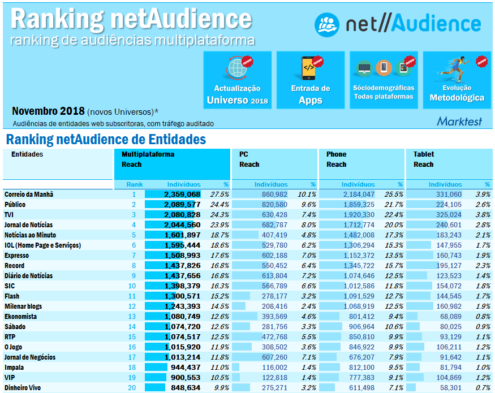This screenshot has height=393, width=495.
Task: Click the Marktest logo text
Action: (459, 121)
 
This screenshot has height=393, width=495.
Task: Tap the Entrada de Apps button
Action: (310, 80)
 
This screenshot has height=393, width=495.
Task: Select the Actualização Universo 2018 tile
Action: (237, 80)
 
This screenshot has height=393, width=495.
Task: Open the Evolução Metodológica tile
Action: (457, 80)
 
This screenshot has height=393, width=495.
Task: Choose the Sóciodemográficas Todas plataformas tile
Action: (383, 80)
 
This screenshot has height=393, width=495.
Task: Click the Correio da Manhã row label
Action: (29, 194)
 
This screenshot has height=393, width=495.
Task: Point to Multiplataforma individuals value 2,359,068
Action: (182, 194)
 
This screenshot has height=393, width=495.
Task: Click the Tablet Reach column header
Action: (424, 159)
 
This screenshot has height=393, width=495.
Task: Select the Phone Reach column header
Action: (337, 159)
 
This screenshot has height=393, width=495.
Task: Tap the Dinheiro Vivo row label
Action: (24, 387)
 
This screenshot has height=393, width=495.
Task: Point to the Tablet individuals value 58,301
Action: (449, 387)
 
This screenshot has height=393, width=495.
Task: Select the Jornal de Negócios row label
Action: (29, 357)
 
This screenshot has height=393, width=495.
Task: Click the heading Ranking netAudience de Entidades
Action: (106, 139)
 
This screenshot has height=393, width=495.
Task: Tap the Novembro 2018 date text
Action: (49, 111)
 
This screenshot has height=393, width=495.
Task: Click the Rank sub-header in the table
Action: (135, 184)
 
